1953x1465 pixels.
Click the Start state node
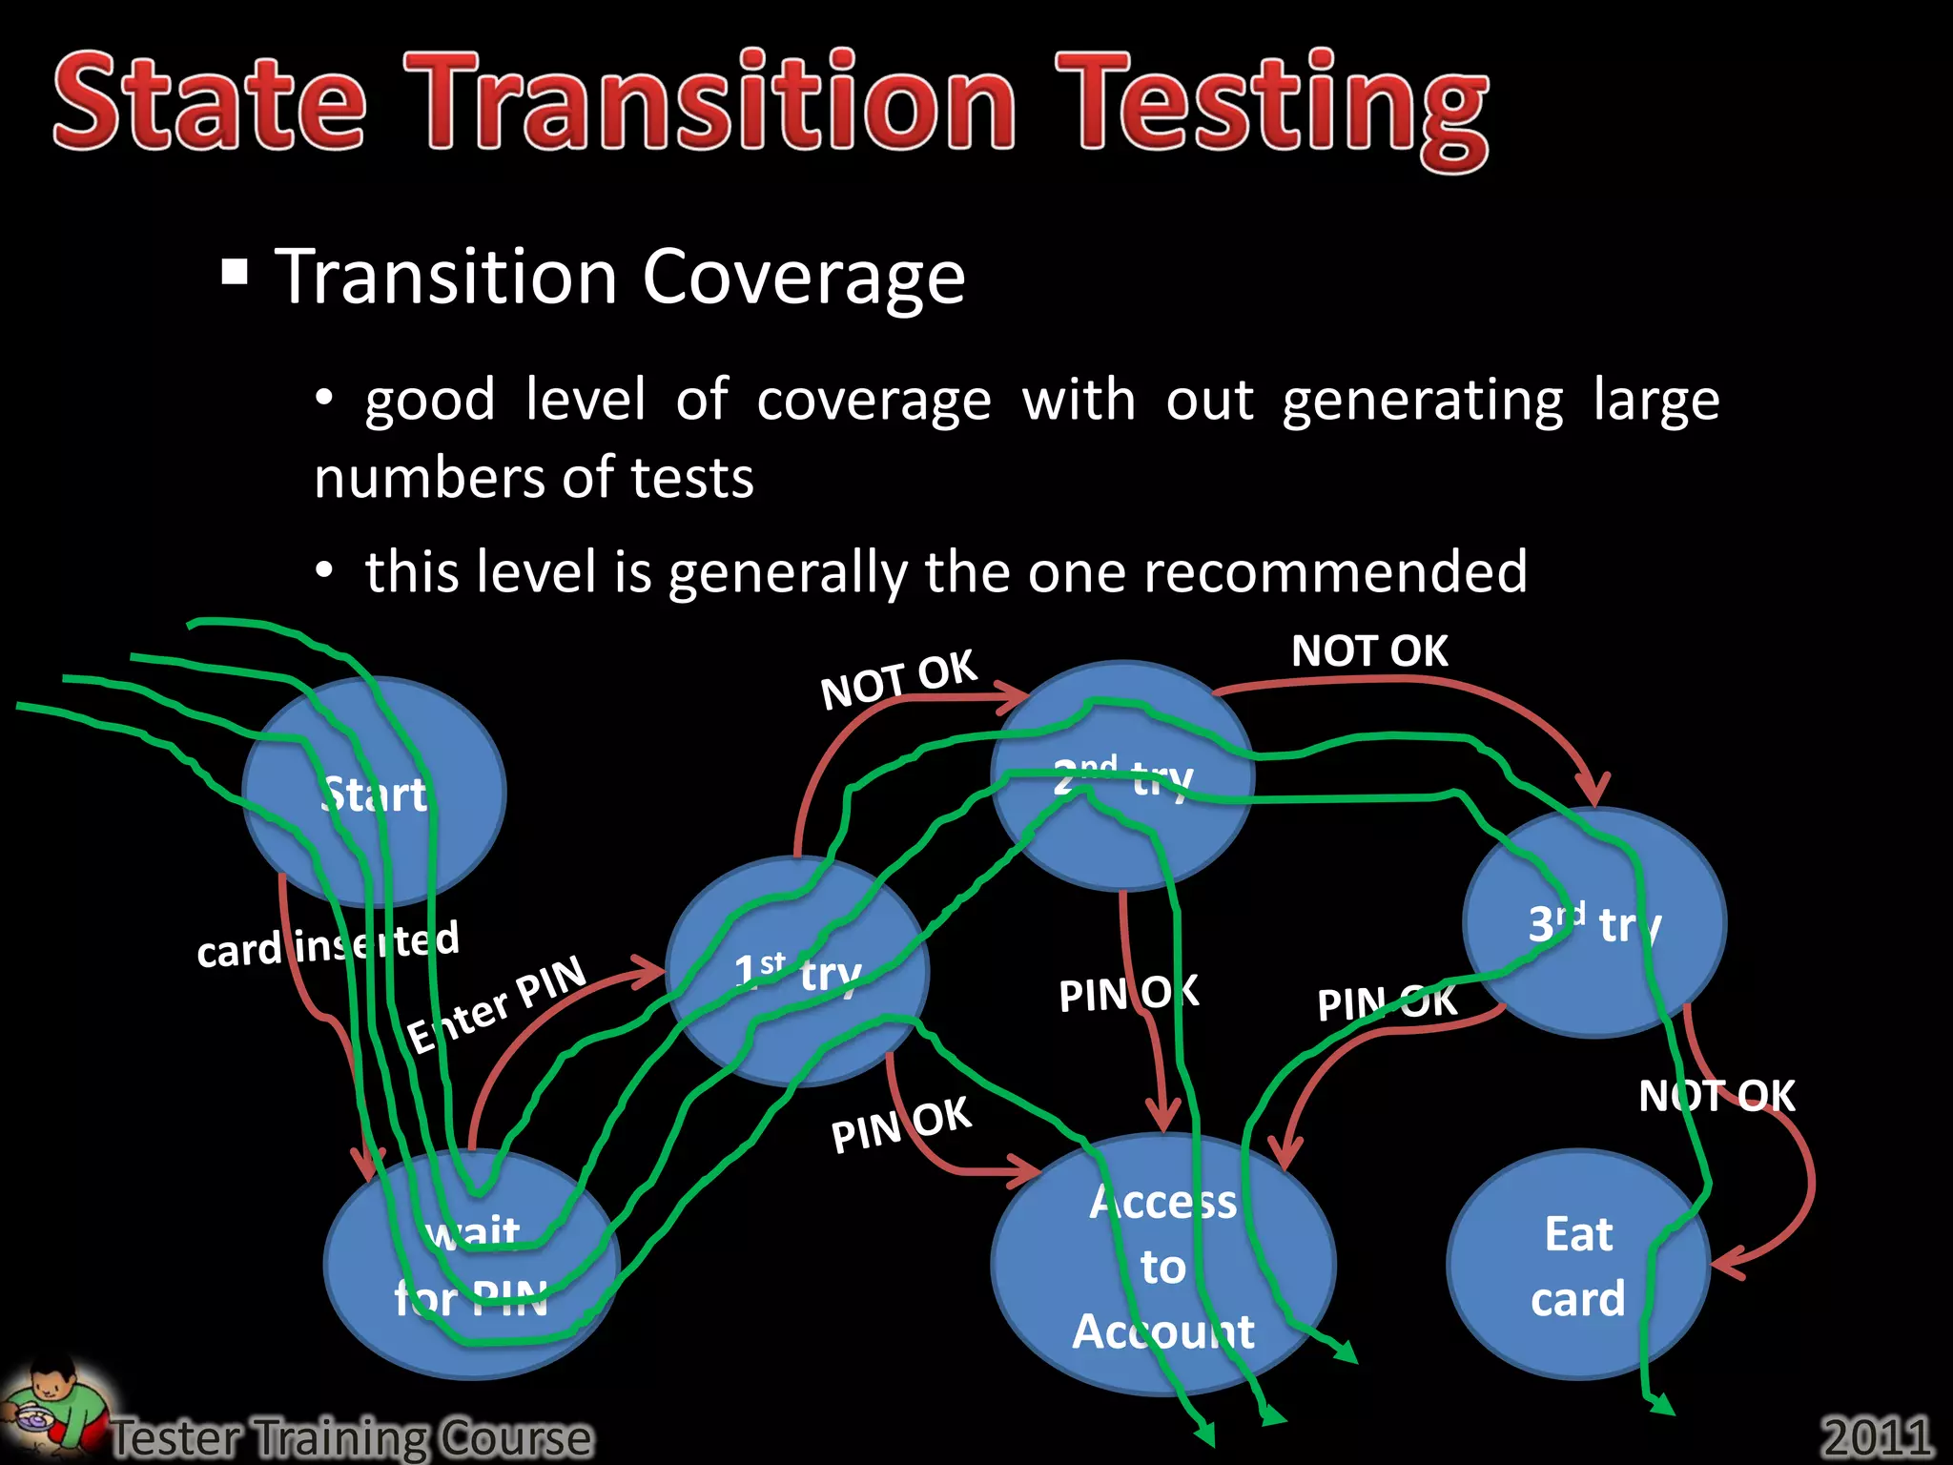pos(374,792)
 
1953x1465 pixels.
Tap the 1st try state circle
pos(797,971)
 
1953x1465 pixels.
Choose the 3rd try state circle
pos(1594,922)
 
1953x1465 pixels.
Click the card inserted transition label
pos(327,945)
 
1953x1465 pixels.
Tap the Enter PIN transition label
pos(496,1003)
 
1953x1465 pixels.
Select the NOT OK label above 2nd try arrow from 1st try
pos(898,679)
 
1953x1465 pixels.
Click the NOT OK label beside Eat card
pos(1717,1096)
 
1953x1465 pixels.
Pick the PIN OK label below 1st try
pos(900,1125)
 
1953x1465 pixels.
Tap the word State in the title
pos(210,103)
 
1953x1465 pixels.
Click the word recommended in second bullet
pos(1334,572)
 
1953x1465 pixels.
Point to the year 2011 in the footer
pos(1876,1435)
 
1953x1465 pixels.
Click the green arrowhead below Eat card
pos(1661,1404)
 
